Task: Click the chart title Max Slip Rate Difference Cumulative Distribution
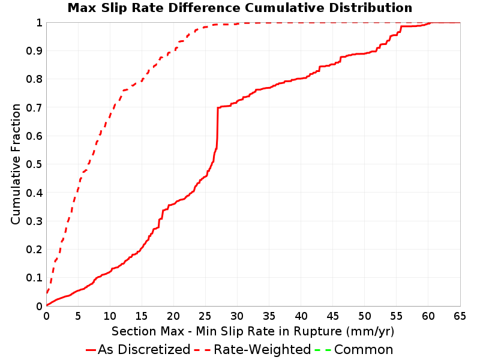pyautogui.click(x=239, y=8)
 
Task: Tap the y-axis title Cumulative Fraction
pyautogui.click(x=16, y=164)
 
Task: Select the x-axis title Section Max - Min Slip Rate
pyautogui.click(x=253, y=331)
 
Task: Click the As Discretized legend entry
pyautogui.click(x=138, y=349)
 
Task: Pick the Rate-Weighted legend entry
pyautogui.click(x=253, y=349)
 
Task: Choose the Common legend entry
pyautogui.click(x=354, y=349)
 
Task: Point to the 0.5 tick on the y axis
pyautogui.click(x=34, y=164)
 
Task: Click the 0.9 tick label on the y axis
pyautogui.click(x=34, y=50)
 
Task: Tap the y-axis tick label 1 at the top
pyautogui.click(x=39, y=22)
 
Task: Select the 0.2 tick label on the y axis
pyautogui.click(x=34, y=249)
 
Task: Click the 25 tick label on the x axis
pyautogui.click(x=205, y=316)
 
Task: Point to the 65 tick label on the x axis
pyautogui.click(x=460, y=316)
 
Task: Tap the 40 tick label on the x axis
pyautogui.click(x=301, y=316)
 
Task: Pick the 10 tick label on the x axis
pyautogui.click(x=110, y=316)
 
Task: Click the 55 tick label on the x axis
pyautogui.click(x=396, y=316)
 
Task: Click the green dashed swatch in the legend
pyautogui.click(x=323, y=350)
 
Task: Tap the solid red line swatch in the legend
pyautogui.click(x=91, y=350)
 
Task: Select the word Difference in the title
pyautogui.click(x=204, y=8)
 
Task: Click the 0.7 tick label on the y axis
pyautogui.click(x=34, y=107)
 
